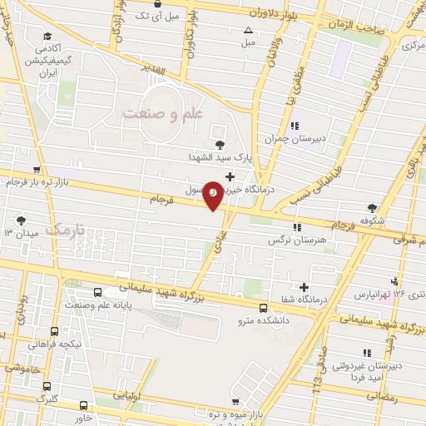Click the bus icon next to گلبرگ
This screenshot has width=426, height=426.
click(47, 386)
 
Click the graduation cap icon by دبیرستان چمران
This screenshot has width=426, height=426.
click(295, 126)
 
